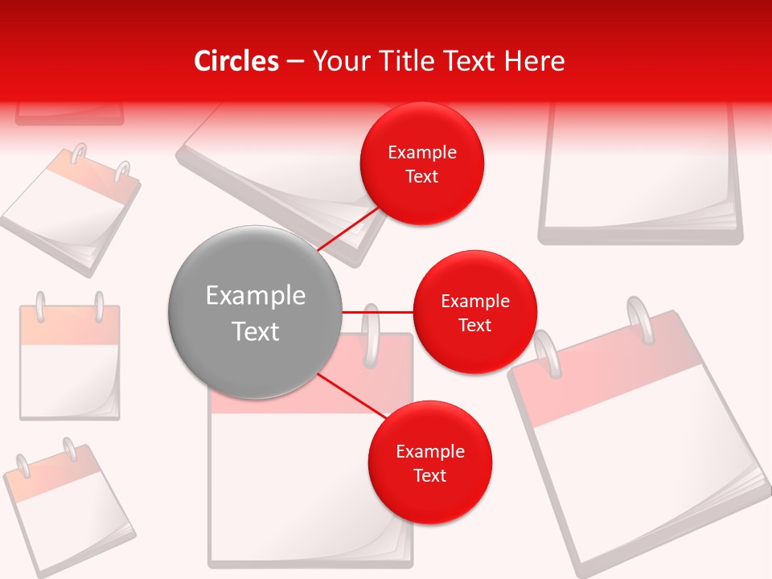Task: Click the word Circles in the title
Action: click(236, 61)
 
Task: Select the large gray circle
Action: click(255, 312)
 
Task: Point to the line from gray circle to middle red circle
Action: click(378, 311)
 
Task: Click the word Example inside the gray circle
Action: click(256, 296)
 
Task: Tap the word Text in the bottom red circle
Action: click(430, 475)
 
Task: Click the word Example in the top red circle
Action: click(422, 153)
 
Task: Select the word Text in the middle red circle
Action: click(475, 325)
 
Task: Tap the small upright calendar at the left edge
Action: click(70, 362)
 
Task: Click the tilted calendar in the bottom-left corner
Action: click(68, 507)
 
